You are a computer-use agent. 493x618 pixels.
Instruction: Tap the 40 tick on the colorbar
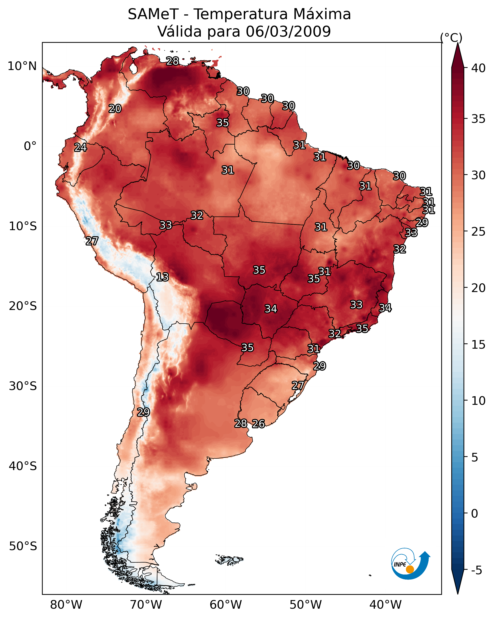(x=478, y=68)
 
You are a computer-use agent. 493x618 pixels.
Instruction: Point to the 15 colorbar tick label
(x=478, y=345)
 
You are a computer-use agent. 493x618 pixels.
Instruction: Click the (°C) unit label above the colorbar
(x=451, y=38)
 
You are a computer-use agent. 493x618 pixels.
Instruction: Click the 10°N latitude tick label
(x=22, y=66)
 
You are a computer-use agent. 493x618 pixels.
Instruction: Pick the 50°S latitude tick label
(x=23, y=546)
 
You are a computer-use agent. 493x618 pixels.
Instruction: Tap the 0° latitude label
(x=30, y=146)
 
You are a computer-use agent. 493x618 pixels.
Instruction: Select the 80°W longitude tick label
(x=66, y=605)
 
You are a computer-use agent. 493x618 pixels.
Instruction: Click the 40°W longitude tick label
(x=385, y=605)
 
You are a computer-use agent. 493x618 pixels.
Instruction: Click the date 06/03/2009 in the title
(x=288, y=32)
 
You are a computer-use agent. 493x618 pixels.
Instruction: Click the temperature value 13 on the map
(x=162, y=277)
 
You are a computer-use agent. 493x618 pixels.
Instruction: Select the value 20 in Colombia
(x=115, y=109)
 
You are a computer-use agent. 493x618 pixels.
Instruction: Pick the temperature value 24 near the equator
(x=81, y=147)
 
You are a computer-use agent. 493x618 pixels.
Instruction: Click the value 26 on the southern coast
(x=258, y=424)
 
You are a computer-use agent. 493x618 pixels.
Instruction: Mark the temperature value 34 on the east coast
(x=385, y=308)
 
